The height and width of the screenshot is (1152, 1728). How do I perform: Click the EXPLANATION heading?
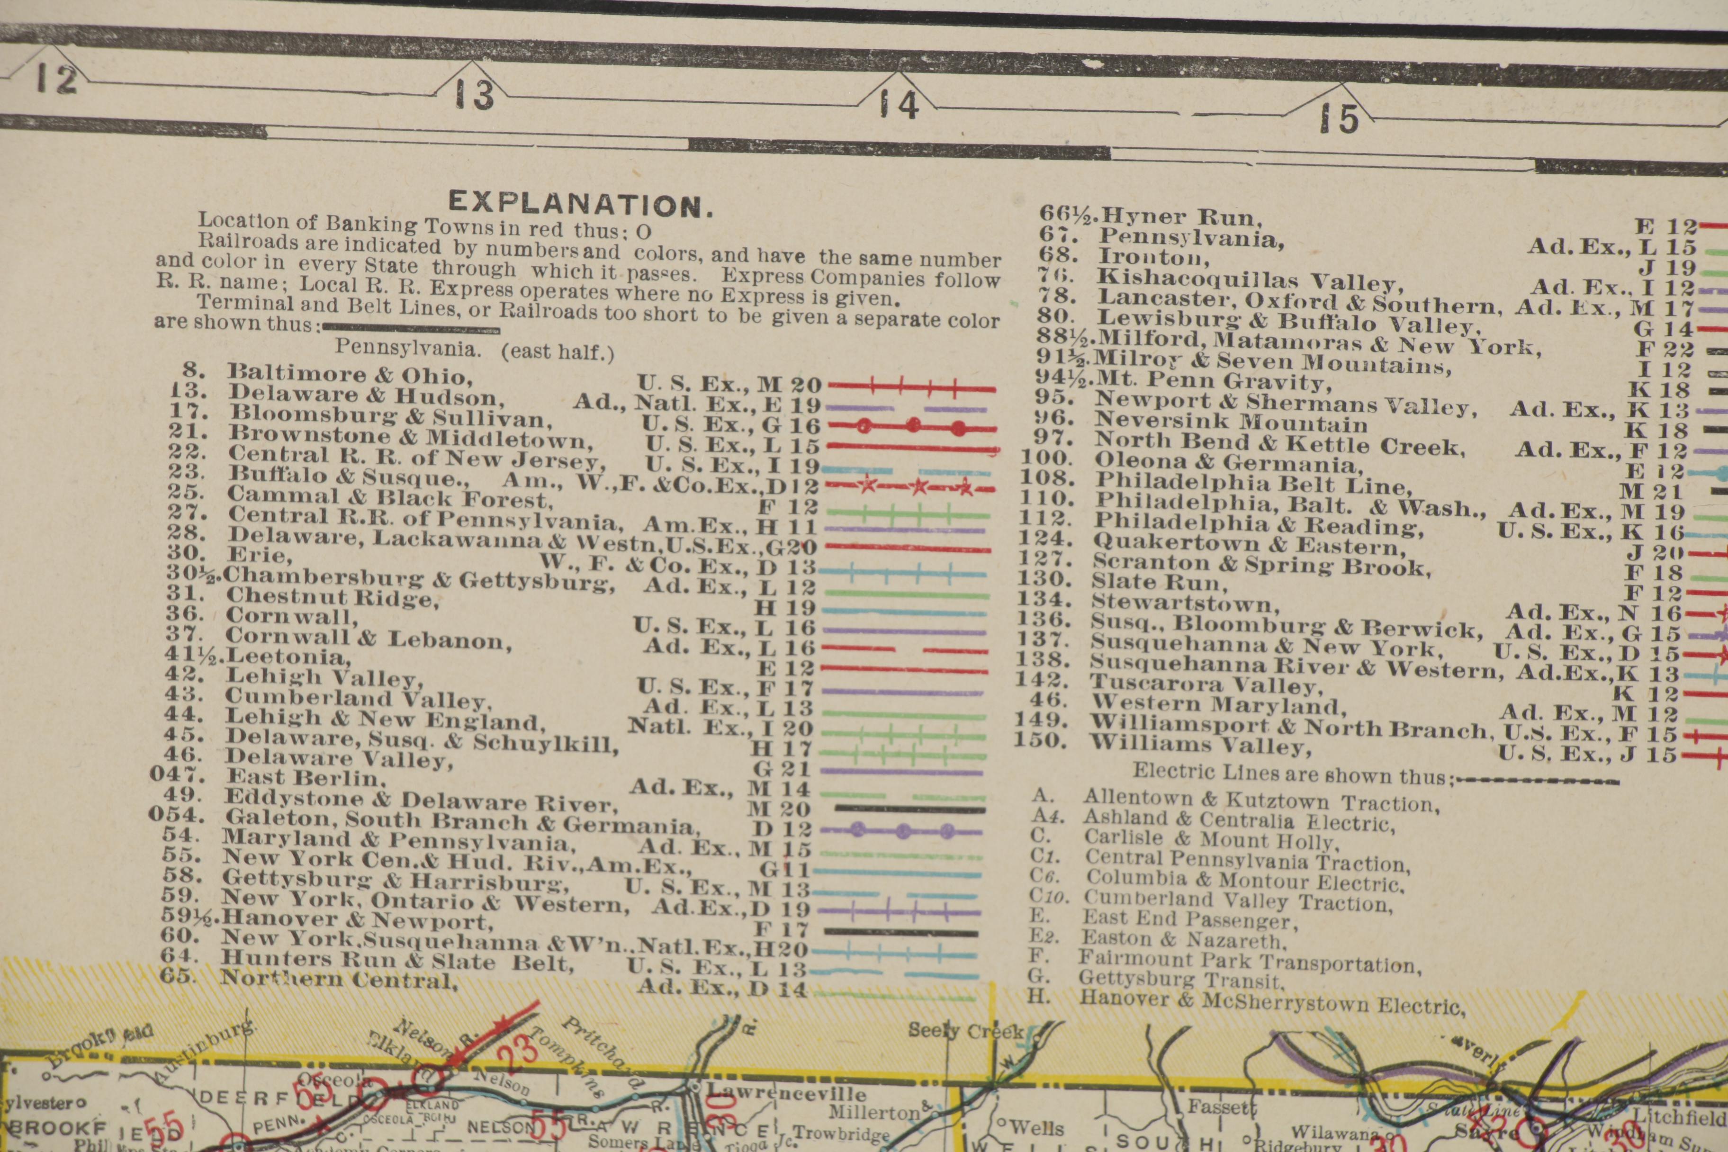(580, 204)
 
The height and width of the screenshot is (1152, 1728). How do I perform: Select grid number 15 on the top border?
(1339, 118)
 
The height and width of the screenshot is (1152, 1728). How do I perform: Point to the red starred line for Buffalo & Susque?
(911, 486)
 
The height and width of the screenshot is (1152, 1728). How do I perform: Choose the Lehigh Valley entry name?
(323, 676)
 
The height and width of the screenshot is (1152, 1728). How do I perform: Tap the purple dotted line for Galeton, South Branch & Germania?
(901, 831)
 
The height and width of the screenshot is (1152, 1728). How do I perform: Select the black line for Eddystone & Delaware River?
(909, 809)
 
